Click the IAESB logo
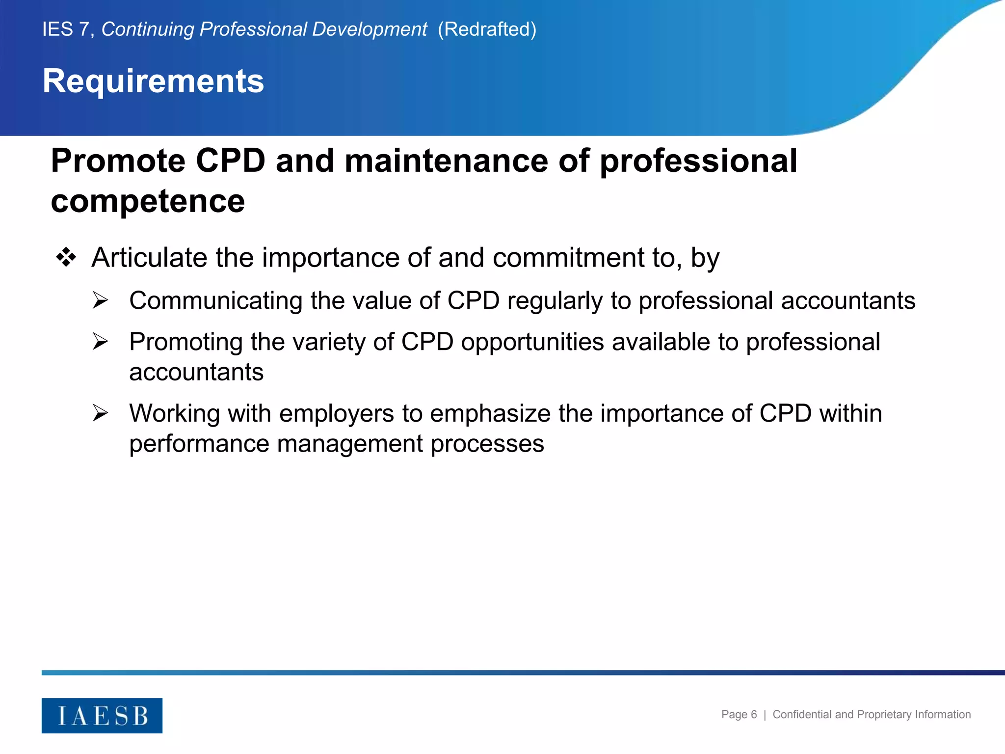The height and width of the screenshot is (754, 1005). pyautogui.click(x=102, y=716)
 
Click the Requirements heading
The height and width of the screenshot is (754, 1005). pyautogui.click(x=153, y=81)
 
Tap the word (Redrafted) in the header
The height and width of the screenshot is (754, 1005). pyautogui.click(x=487, y=29)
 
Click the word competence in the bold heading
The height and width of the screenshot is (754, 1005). pyautogui.click(x=148, y=201)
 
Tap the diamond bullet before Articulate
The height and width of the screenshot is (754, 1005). pyautogui.click(x=66, y=257)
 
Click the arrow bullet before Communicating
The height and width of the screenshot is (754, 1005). pyautogui.click(x=100, y=300)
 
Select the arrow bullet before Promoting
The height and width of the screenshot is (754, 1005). pyautogui.click(x=100, y=342)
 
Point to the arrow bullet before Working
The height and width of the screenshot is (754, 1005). pyautogui.click(x=100, y=413)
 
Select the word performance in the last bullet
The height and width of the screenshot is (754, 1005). pyautogui.click(x=199, y=444)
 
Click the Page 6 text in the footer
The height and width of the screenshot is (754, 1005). pyautogui.click(x=739, y=715)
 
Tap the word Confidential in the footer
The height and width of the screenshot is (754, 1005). pyautogui.click(x=802, y=715)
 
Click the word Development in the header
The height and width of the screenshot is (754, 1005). pyautogui.click(x=370, y=29)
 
